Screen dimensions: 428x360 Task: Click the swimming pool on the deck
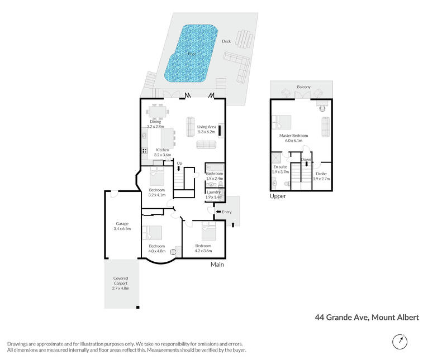point(191,54)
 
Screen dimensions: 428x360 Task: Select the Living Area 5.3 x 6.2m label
point(206,129)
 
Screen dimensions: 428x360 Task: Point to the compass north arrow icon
point(400,341)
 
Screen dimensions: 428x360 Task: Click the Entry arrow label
point(224,212)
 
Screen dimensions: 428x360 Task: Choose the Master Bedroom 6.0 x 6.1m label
point(294,138)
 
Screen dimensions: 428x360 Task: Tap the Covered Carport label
point(121,281)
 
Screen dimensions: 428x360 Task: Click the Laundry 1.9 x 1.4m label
point(214,194)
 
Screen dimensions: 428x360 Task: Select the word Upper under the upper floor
point(278,196)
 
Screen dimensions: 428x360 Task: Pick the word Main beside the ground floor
point(217,264)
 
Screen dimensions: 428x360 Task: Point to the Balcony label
point(304,87)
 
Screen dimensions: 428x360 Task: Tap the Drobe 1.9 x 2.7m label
point(321,176)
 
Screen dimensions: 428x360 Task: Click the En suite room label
point(280,167)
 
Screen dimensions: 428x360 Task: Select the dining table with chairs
point(157,112)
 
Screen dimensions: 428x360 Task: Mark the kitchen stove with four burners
point(145,151)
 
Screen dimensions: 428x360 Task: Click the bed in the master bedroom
point(282,122)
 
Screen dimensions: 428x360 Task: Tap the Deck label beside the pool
point(226,41)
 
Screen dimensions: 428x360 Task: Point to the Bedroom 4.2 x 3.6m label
point(203,248)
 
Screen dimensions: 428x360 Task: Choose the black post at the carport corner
point(138,308)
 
